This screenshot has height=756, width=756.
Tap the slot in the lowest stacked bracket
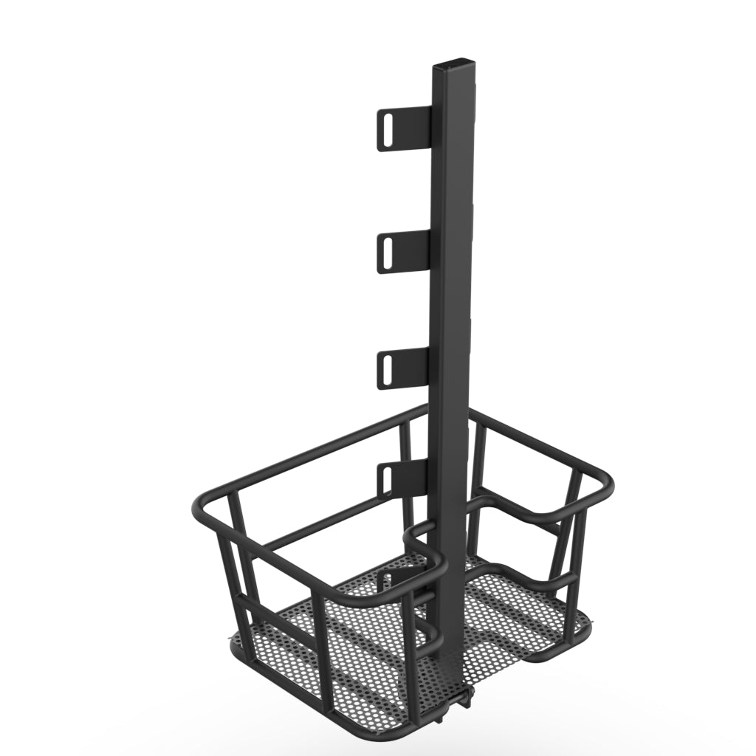click(x=385, y=480)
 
